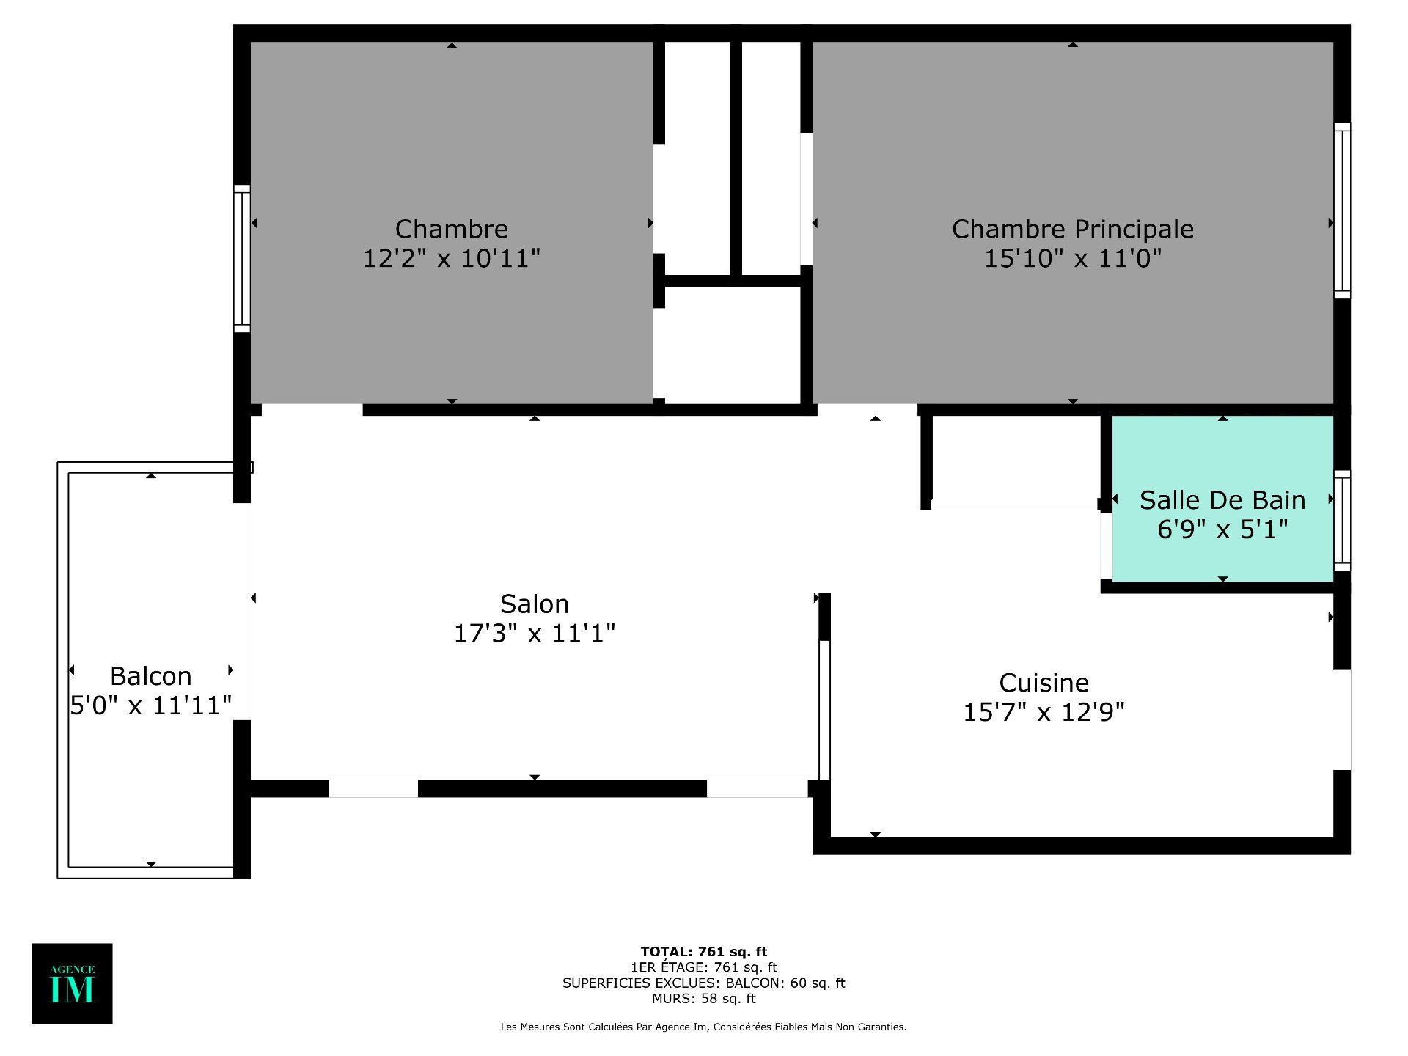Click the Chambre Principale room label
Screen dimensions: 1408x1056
click(x=1072, y=229)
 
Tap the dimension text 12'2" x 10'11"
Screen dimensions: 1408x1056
click(x=452, y=258)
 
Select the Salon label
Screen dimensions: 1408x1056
click(x=535, y=604)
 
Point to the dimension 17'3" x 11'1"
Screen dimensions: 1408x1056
click(x=535, y=633)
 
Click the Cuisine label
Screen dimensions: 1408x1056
click(x=1044, y=683)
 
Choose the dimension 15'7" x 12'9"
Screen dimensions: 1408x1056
click(x=1044, y=711)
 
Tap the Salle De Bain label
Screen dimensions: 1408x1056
click(x=1222, y=500)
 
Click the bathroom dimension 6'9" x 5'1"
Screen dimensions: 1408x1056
click(x=1222, y=529)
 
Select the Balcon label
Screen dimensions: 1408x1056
click(x=151, y=675)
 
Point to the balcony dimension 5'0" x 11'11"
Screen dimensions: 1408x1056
click(x=151, y=705)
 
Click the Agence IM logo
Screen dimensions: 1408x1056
click(x=72, y=983)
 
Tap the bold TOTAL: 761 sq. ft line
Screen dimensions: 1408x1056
click(x=704, y=952)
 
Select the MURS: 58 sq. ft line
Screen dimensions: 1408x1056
click(x=704, y=998)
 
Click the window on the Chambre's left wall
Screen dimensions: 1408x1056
click(x=242, y=258)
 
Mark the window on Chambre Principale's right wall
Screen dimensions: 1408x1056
click(x=1342, y=210)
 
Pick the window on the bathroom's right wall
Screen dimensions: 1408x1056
click(x=1342, y=520)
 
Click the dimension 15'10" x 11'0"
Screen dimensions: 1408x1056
click(x=1072, y=258)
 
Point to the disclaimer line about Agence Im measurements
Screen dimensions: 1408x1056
click(x=704, y=1027)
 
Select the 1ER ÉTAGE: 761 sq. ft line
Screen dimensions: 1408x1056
click(x=704, y=967)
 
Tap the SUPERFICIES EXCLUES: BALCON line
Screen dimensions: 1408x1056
click(x=704, y=983)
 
